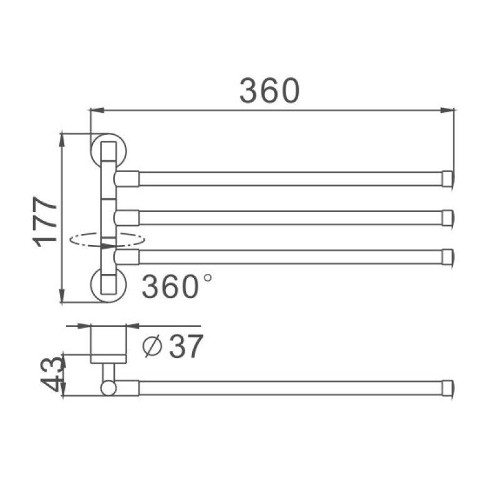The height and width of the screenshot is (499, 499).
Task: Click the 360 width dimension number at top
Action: tap(269, 91)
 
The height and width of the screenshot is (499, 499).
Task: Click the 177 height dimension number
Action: tap(47, 222)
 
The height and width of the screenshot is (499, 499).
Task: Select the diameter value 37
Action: tap(186, 347)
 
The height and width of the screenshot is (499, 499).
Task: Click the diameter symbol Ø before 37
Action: tap(152, 347)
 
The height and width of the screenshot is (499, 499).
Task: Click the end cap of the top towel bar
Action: tap(447, 179)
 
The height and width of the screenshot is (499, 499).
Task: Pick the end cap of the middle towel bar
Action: tap(447, 218)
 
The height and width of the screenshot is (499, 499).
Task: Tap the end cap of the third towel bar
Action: tap(447, 256)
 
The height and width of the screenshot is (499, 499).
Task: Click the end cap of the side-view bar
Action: tap(447, 387)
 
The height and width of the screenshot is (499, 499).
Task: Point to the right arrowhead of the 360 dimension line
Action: tap(448, 110)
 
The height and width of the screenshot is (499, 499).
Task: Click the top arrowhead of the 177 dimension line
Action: tap(62, 139)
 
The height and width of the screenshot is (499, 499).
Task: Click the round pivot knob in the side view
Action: tap(108, 388)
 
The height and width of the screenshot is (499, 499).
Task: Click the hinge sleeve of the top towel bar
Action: tap(127, 179)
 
